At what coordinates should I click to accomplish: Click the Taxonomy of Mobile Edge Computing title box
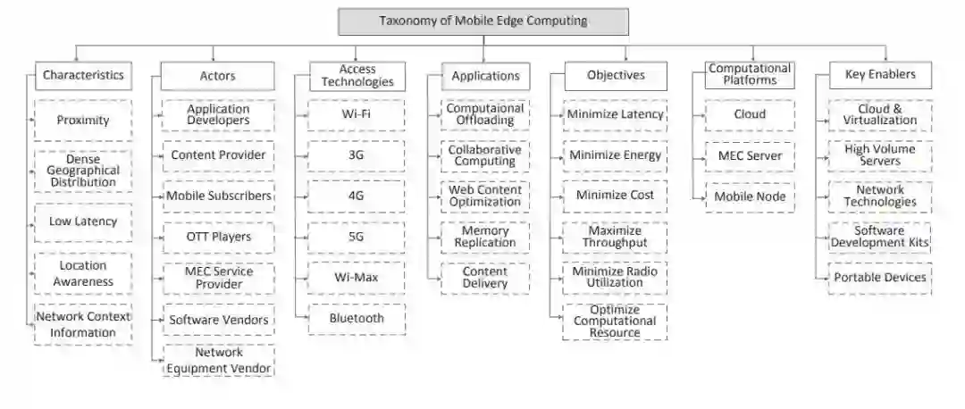[x=483, y=21]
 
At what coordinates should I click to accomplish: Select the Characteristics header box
[x=83, y=75]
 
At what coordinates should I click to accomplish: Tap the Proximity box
[x=83, y=120]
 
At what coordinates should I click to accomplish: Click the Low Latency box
[x=83, y=221]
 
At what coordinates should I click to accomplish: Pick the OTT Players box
[x=219, y=237]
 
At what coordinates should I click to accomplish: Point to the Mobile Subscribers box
[x=219, y=196]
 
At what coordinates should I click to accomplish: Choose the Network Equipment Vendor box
[x=219, y=360]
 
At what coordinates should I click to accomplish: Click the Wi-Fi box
[x=357, y=114]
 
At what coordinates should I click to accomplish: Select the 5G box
[x=357, y=237]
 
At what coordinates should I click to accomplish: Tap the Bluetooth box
[x=357, y=318]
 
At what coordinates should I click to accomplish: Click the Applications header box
[x=485, y=76]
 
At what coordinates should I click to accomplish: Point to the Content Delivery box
[x=485, y=278]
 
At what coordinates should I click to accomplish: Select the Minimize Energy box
[x=616, y=155]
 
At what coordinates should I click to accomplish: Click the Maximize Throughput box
[x=616, y=237]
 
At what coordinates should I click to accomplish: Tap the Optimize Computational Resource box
[x=616, y=321]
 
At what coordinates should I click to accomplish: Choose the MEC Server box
[x=750, y=155]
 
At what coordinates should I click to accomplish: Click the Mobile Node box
[x=750, y=196]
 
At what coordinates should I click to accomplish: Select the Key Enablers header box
[x=880, y=75]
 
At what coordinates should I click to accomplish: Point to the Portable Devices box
[x=880, y=277]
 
